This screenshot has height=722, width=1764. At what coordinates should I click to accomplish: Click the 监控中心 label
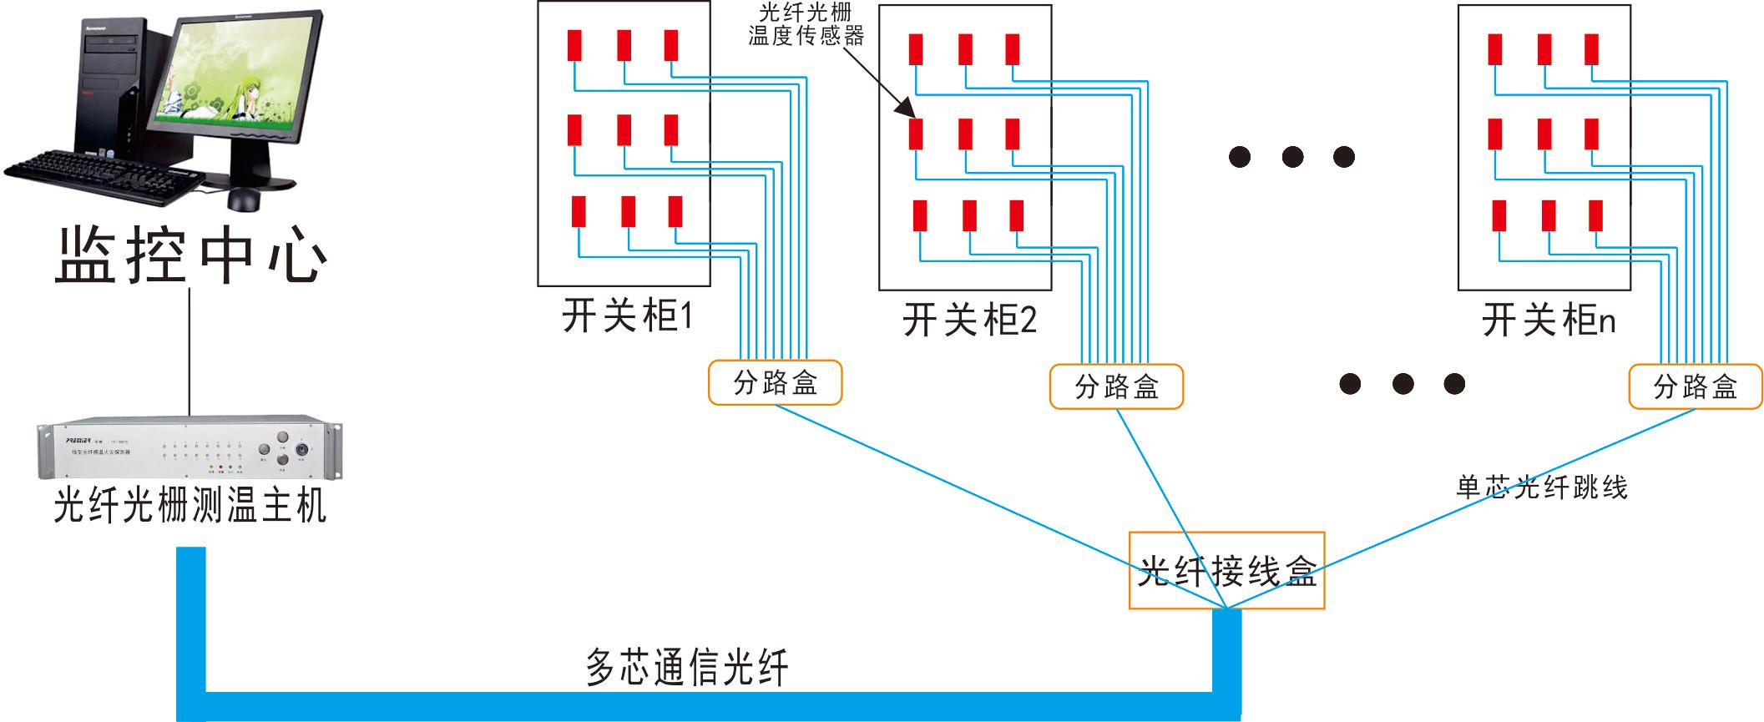[x=190, y=255]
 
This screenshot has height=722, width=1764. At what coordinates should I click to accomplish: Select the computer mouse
[x=244, y=199]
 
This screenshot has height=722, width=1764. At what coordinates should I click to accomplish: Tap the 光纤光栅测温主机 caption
[x=190, y=506]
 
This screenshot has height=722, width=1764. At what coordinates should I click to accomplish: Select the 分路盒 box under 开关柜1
[x=775, y=383]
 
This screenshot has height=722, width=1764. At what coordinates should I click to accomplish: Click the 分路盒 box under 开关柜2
[x=1116, y=386]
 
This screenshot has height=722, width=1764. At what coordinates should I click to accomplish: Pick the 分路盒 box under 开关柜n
[x=1696, y=386]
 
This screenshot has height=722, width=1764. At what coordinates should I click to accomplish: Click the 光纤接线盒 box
[x=1226, y=571]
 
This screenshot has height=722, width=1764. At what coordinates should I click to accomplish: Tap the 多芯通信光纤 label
[x=686, y=668]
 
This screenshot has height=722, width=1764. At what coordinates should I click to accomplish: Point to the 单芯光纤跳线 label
[x=1542, y=487]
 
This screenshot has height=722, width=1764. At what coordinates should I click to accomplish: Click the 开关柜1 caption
[x=627, y=316]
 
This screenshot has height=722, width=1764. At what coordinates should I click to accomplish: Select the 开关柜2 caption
[x=969, y=321]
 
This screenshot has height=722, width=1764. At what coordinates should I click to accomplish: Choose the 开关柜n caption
[x=1548, y=321]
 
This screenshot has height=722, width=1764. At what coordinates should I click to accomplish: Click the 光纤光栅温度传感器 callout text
[x=806, y=24]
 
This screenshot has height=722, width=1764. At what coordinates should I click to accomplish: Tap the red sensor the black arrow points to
[x=916, y=134]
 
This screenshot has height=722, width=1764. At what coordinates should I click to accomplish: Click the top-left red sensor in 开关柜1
[x=574, y=45]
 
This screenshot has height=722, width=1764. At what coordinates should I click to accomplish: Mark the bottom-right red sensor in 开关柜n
[x=1595, y=215]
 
